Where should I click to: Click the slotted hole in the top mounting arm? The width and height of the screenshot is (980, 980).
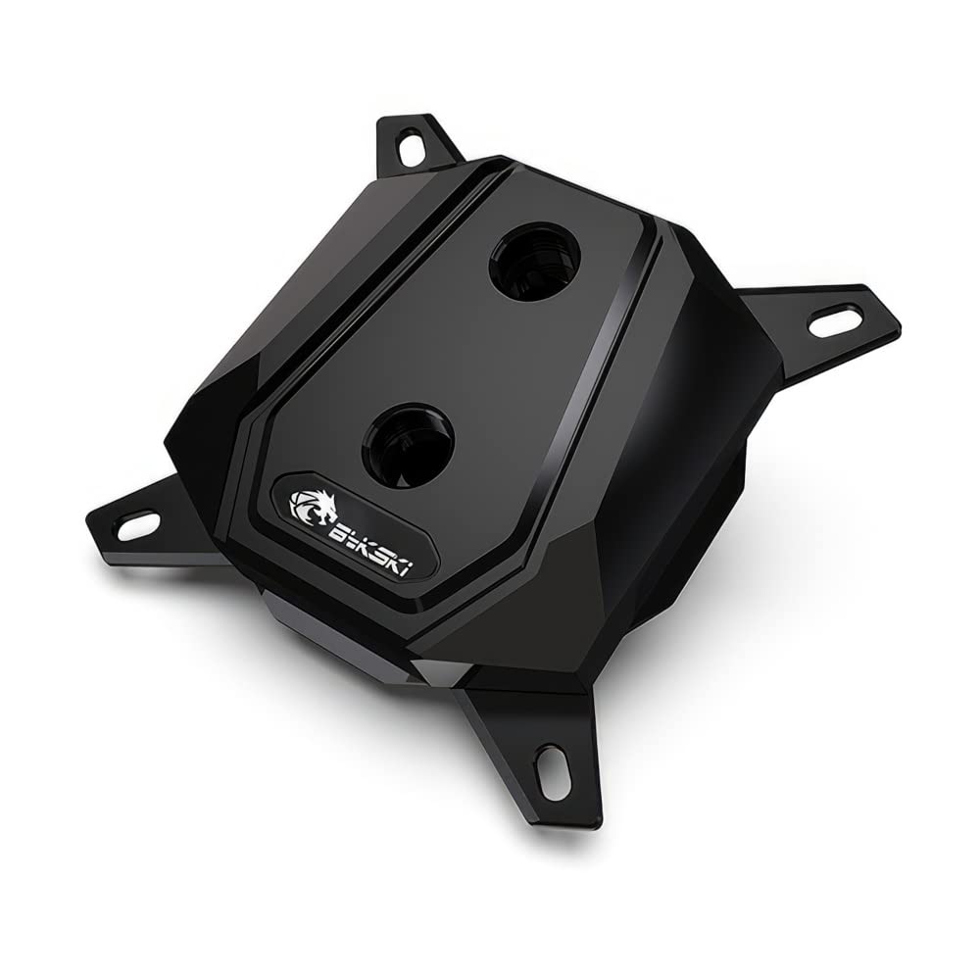pos(413,148)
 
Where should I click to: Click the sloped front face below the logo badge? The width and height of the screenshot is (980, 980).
pos(333,588)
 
